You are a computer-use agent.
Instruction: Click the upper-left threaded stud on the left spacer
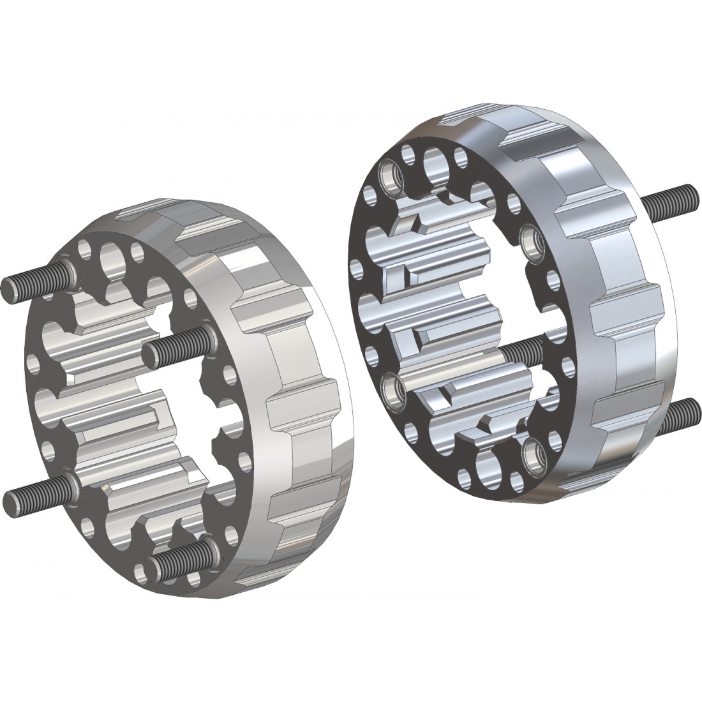35,283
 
